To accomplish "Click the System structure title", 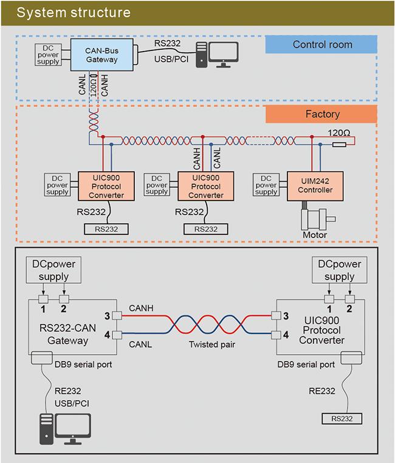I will (x=74, y=12).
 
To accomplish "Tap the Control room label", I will (x=322, y=44).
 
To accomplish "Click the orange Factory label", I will (x=322, y=114).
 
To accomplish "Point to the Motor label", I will (x=315, y=235).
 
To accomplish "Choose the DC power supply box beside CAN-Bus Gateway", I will (x=48, y=55).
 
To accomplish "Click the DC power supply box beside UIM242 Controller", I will (x=266, y=185).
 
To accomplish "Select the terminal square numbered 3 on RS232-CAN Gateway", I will (x=117, y=316).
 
